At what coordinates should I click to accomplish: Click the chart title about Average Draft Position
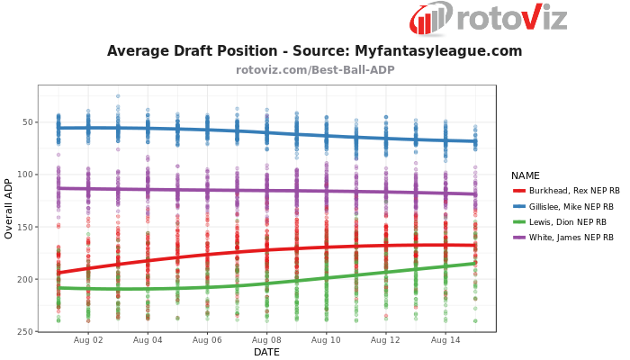click(x=314, y=51)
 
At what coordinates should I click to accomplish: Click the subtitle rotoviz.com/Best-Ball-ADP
click(x=315, y=69)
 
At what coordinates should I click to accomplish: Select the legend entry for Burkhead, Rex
click(x=575, y=191)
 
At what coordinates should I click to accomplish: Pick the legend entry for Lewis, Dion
click(x=568, y=221)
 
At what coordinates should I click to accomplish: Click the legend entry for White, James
click(x=571, y=237)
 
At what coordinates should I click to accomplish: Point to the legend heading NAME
click(x=526, y=175)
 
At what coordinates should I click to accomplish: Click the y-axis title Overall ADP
click(x=9, y=208)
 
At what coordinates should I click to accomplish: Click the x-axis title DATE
click(x=266, y=352)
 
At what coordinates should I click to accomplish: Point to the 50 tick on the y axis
click(x=27, y=122)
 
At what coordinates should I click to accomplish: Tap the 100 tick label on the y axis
click(x=24, y=175)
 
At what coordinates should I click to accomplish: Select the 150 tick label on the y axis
click(x=24, y=227)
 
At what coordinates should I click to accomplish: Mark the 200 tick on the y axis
click(x=24, y=279)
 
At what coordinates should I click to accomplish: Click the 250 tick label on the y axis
click(x=24, y=331)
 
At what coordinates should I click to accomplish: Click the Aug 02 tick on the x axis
click(x=88, y=340)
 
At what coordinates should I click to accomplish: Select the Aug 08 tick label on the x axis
click(x=266, y=340)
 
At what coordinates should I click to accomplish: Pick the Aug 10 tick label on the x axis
click(x=326, y=340)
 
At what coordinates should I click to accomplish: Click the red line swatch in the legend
click(x=519, y=191)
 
